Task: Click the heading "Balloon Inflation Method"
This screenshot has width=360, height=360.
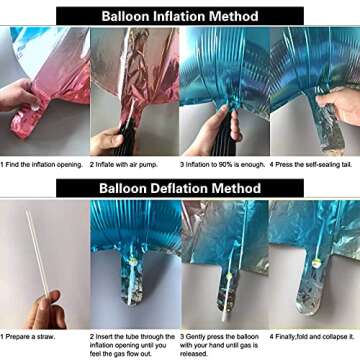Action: [180, 16]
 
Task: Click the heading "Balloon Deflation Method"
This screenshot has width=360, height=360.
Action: [180, 188]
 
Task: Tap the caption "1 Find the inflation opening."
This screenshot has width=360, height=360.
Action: [41, 165]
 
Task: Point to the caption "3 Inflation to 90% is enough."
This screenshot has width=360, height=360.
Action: [223, 165]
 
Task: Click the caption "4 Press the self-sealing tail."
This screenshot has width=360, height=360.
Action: [311, 165]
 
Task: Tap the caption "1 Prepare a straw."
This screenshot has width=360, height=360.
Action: [28, 337]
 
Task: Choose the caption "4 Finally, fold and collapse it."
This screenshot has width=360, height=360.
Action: [312, 337]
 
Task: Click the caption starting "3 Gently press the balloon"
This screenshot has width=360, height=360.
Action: [219, 345]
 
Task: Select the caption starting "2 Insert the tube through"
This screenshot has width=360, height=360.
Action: [132, 345]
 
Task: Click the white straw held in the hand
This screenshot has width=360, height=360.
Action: [38, 253]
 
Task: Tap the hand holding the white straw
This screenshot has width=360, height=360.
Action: [45, 311]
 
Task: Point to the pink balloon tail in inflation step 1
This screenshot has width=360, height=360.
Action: [28, 118]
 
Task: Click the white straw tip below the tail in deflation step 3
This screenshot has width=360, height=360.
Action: [226, 314]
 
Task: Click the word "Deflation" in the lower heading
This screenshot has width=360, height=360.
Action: [180, 188]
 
